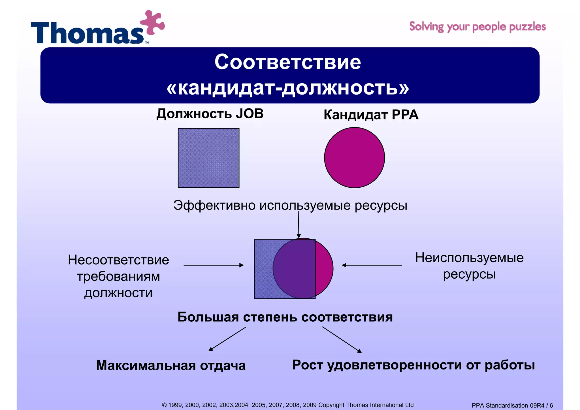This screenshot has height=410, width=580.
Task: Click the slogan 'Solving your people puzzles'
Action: click(x=477, y=27)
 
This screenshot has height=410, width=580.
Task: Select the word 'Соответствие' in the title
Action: click(x=287, y=62)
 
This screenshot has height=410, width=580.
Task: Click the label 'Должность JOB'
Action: click(x=210, y=114)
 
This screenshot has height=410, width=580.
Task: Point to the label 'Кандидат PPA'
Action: click(x=371, y=115)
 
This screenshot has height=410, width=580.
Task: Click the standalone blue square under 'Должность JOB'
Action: click(x=208, y=158)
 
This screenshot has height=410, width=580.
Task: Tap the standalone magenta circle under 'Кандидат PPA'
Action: click(x=354, y=157)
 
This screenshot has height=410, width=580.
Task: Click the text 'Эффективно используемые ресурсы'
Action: click(x=290, y=205)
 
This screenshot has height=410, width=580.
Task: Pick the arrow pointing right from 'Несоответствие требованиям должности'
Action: click(x=214, y=265)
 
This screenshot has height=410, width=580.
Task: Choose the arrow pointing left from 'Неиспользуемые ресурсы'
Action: click(x=372, y=265)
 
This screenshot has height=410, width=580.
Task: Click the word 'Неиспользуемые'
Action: click(x=469, y=258)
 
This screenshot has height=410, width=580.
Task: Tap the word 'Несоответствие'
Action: click(x=118, y=260)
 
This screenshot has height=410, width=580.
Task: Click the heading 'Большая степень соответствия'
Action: click(x=285, y=317)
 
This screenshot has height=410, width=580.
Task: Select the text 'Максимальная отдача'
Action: click(x=171, y=365)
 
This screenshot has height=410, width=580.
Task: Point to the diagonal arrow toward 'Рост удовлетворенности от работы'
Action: click(x=342, y=339)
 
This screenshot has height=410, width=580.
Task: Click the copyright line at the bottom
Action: click(x=287, y=405)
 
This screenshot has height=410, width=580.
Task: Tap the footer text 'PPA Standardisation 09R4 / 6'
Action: click(x=512, y=405)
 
